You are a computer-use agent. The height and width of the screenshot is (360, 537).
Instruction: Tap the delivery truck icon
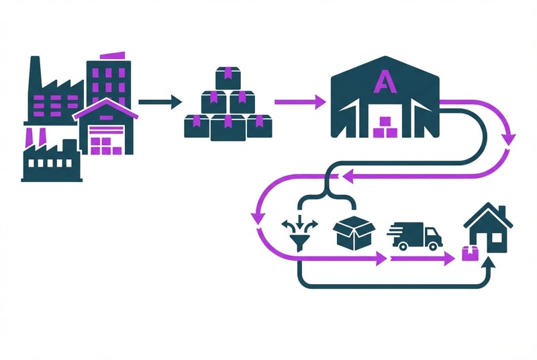click(414, 236)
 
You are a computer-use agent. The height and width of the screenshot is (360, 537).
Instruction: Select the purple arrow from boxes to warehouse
click(299, 102)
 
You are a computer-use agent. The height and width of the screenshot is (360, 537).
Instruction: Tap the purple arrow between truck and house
click(423, 259)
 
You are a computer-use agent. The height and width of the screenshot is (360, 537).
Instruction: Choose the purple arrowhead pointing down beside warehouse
click(508, 140)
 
